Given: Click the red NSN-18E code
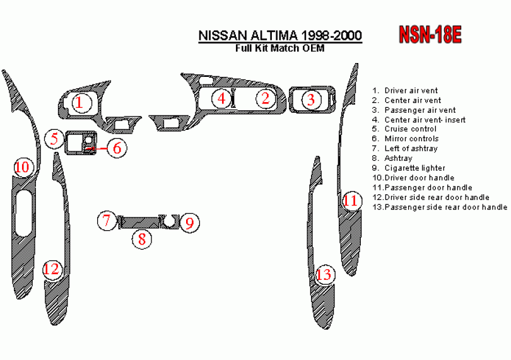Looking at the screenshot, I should (429, 35).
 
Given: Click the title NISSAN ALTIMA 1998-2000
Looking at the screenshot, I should (280, 36).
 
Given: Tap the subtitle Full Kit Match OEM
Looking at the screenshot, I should (280, 49).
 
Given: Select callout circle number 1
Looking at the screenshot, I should (79, 102).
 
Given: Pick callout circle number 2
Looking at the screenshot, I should (266, 98).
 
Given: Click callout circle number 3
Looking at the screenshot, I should (310, 99).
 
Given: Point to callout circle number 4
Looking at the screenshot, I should (221, 98).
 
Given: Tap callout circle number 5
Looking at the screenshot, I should (55, 138).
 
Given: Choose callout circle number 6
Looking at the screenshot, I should (117, 148).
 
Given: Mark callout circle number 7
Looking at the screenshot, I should (107, 221).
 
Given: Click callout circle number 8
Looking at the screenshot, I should (142, 238).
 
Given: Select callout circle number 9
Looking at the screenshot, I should (189, 222).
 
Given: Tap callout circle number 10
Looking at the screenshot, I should (22, 167).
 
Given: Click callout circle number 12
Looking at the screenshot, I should (51, 269).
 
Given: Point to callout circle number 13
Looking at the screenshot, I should (324, 274).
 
